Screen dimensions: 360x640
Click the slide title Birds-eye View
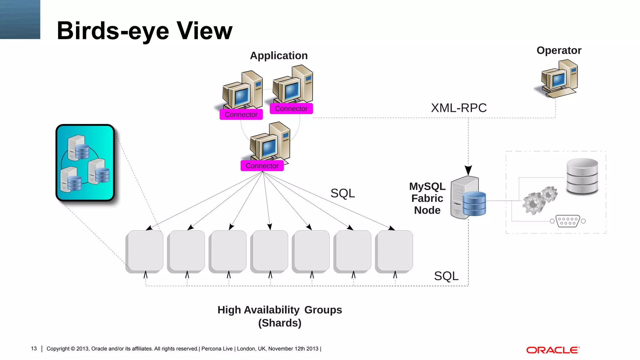(x=144, y=31)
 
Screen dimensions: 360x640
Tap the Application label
(x=279, y=56)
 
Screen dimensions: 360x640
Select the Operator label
(x=559, y=50)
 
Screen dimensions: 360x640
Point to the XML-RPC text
(x=458, y=108)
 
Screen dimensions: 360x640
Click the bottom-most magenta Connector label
(x=262, y=166)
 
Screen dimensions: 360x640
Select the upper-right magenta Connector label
(x=291, y=109)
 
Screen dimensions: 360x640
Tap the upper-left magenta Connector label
(x=241, y=114)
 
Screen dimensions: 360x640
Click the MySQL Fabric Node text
(x=427, y=198)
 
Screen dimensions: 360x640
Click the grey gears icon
(x=540, y=200)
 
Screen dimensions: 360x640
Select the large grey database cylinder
(x=582, y=176)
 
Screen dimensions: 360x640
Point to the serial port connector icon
(x=567, y=221)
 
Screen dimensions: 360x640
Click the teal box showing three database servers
(x=85, y=162)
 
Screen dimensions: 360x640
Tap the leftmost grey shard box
(x=145, y=251)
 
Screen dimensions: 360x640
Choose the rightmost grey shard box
(x=394, y=251)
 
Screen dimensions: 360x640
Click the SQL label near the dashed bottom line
(x=446, y=276)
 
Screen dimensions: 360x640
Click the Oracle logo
(x=552, y=350)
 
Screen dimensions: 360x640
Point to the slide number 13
(x=34, y=348)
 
